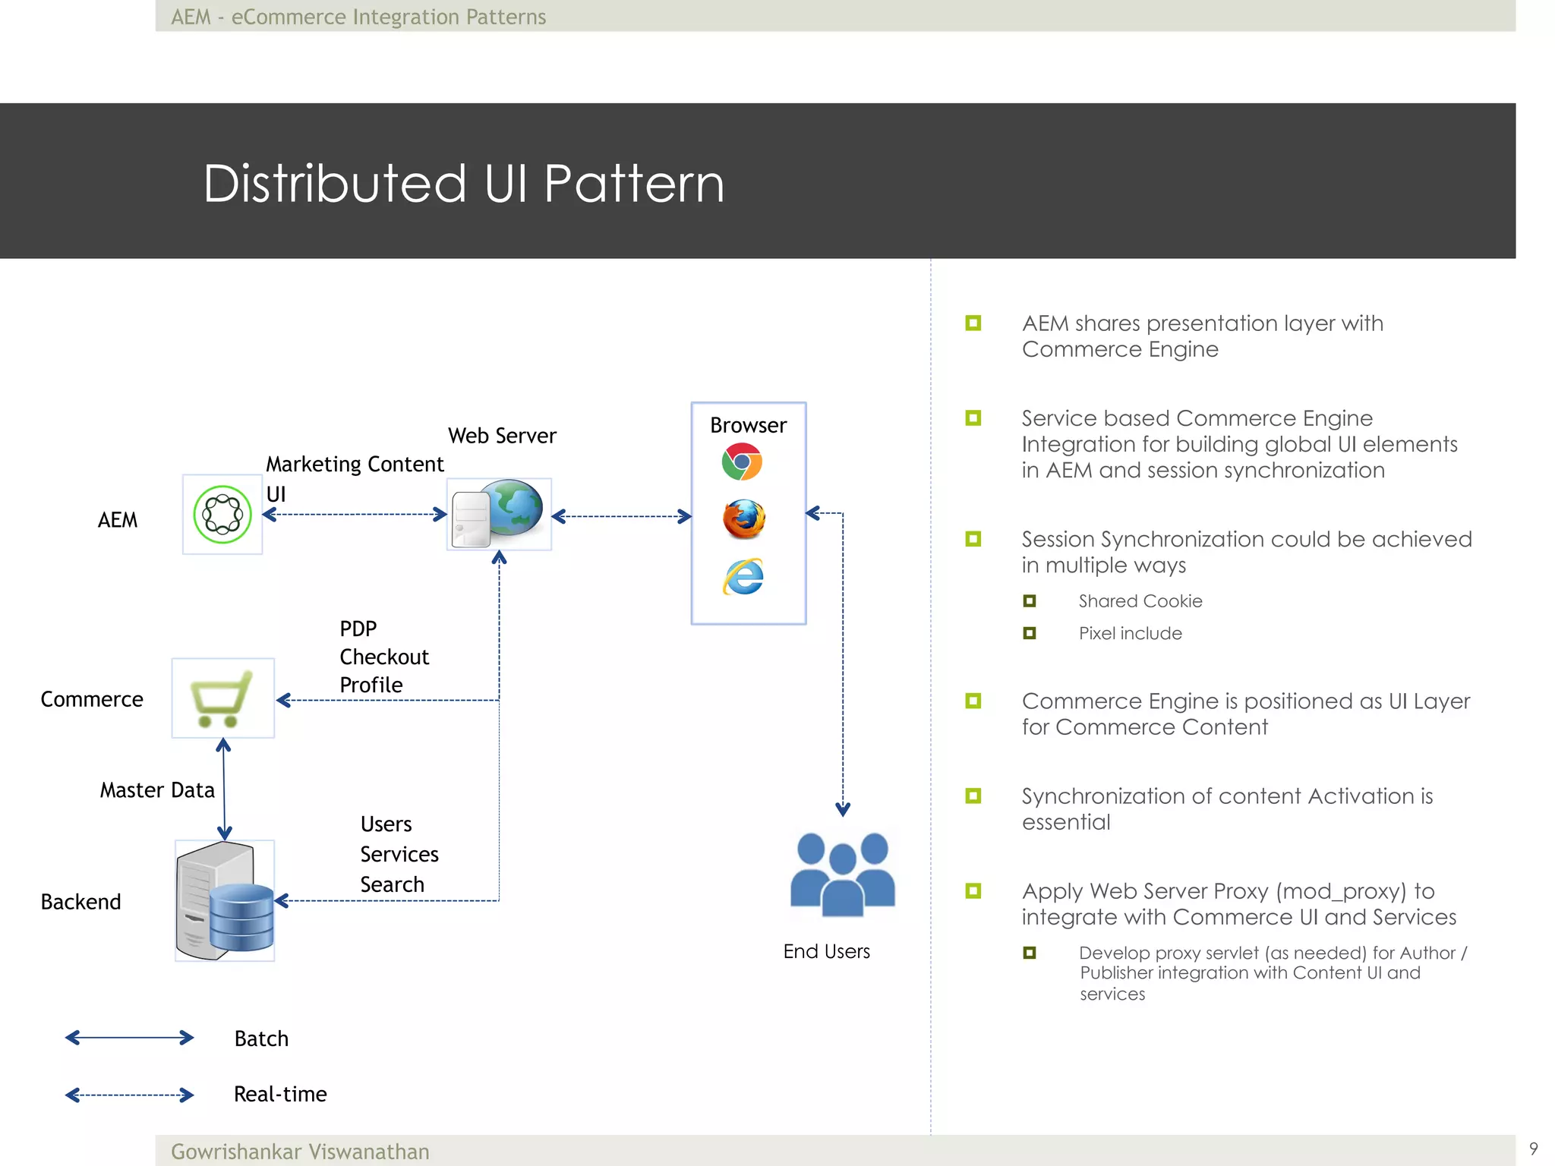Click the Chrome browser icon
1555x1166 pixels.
pos(742,462)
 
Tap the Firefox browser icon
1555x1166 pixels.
pos(744,519)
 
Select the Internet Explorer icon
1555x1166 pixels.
pos(743,577)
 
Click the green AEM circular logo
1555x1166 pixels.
pos(222,515)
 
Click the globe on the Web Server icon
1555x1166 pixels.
pos(516,507)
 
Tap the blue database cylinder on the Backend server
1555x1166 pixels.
pos(241,917)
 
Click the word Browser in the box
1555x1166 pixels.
pos(748,425)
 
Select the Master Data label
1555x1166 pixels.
pos(157,790)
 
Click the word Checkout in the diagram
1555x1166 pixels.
pos(384,657)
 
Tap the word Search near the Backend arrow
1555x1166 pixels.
pos(392,884)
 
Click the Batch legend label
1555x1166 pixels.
pos(261,1038)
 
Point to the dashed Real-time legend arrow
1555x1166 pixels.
pos(129,1095)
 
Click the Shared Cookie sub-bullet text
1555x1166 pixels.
pos(1140,601)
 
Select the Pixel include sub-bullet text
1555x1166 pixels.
pos(1130,633)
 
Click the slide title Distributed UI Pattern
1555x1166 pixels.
pos(463,184)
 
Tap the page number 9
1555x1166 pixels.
pos(1533,1149)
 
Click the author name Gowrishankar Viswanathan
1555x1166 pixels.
pos(300,1152)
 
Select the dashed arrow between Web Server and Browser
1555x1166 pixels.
pos(622,517)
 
